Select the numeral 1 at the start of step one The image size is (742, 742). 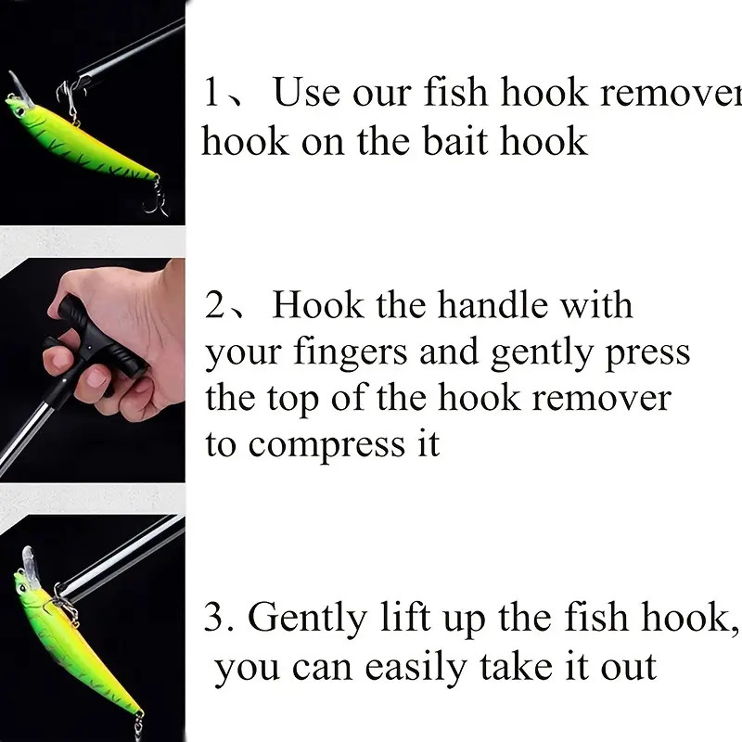tap(214, 94)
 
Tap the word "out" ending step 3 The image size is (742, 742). tap(627, 667)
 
